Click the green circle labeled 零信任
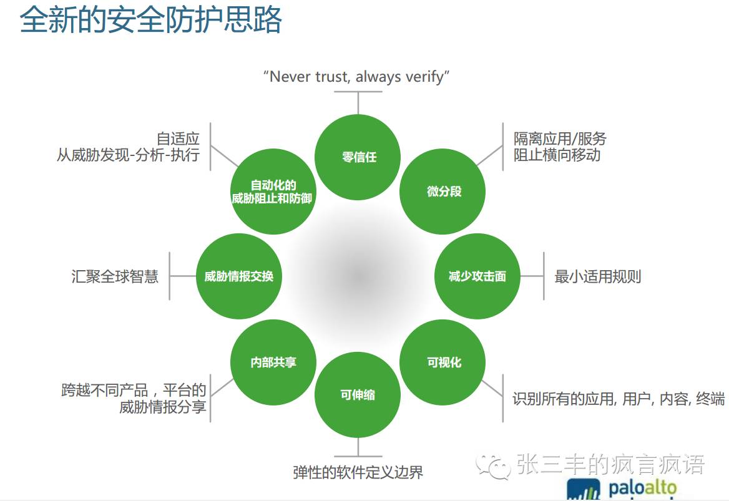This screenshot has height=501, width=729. coord(358,157)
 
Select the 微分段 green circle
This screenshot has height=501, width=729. coord(443,192)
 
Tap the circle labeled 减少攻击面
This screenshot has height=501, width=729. coord(477,276)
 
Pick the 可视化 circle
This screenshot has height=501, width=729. coord(443,362)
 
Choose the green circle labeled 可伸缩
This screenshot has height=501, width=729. coord(358,395)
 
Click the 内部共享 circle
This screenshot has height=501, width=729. coord(273,362)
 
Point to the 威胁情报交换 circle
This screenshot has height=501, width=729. coord(239,276)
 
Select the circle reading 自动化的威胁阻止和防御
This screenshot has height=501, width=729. coord(273,192)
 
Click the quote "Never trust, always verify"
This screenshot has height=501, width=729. coord(356,77)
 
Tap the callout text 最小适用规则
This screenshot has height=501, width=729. coord(597,276)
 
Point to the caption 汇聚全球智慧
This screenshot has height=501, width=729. coord(115,276)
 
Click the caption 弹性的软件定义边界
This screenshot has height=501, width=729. coord(358,472)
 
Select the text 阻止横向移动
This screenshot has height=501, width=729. coord(557,155)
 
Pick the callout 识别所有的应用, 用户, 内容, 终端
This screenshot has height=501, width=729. coord(619,399)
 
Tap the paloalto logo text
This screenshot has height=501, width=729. coord(642,486)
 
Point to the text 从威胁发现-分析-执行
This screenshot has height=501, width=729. coord(128,155)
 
